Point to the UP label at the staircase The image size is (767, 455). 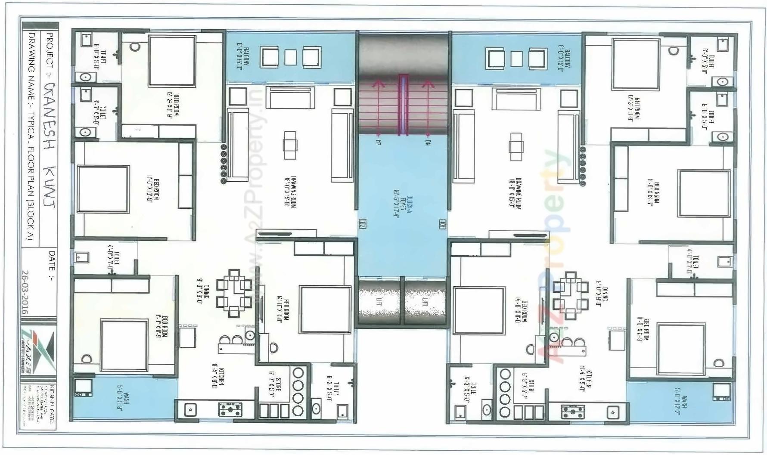pos(378,142)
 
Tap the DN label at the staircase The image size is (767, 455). pos(428,142)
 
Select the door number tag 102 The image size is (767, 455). pos(363,224)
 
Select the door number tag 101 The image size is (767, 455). pos(442,224)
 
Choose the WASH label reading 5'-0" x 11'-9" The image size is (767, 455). pos(123,401)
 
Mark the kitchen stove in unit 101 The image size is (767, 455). pos(573,412)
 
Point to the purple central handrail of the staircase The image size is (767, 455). pos(403,105)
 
